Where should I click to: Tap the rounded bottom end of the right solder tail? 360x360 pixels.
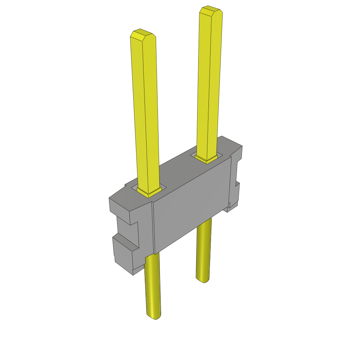point(202,279)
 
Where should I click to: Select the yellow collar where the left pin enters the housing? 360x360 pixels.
point(149,192)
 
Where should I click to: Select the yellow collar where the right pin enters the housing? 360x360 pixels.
point(206,159)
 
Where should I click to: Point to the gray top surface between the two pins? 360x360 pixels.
point(179,169)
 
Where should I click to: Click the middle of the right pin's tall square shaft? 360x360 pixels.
point(209,84)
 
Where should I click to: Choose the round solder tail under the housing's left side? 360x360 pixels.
point(153,285)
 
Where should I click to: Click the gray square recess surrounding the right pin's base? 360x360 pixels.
point(193,155)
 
